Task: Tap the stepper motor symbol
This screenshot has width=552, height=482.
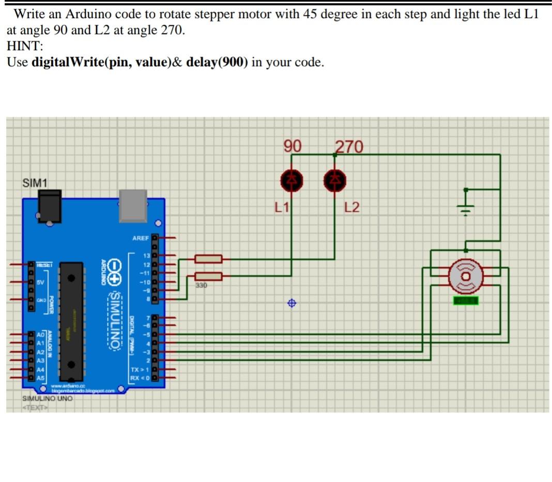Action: [x=465, y=274]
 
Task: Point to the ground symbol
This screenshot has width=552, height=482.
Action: [x=466, y=206]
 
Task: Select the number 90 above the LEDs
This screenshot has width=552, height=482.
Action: [x=293, y=146]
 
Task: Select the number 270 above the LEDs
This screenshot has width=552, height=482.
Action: [x=349, y=147]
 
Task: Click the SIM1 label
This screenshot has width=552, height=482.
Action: [x=35, y=183]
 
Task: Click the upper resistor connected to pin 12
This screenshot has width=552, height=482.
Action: [x=208, y=259]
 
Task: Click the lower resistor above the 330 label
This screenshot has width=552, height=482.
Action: [x=208, y=276]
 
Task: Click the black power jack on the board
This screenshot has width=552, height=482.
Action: [x=50, y=206]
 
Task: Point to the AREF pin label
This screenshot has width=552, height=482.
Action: [x=141, y=238]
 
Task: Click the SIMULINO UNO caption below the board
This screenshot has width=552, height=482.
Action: [x=47, y=399]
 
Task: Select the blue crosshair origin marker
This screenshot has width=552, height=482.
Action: [x=292, y=303]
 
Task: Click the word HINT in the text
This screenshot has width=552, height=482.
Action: [x=24, y=46]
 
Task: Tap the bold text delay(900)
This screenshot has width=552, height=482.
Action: [x=217, y=63]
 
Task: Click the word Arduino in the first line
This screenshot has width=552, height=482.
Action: [x=84, y=14]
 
